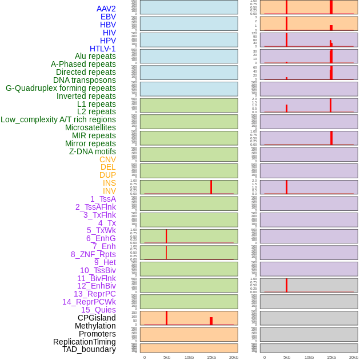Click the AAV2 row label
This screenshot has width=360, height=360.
pos(106,9)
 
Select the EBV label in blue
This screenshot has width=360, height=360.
pos(108,17)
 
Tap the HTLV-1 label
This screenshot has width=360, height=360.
pos(102,49)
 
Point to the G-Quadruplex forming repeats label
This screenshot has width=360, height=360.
pos(61,88)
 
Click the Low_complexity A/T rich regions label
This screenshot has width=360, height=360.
pos(58,119)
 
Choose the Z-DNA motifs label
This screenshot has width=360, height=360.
pos(92,151)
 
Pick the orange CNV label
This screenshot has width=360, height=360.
pos(107,159)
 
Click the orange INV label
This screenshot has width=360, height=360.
pos(109,191)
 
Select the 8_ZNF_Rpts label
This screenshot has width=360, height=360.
pos(93,254)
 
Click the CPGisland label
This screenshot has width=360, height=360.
pos(97,318)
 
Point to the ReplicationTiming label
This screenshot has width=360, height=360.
pos(85,342)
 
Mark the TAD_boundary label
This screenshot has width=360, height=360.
pos(89,349)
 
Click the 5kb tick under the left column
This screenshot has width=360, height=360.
pos(167,357)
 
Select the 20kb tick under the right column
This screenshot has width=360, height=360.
pos(353,357)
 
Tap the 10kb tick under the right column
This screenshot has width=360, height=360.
pos(309,357)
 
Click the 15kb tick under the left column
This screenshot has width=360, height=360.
pos(211,357)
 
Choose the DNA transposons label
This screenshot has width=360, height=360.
pos(85,80)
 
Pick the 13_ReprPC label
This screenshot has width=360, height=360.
pos(94,294)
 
